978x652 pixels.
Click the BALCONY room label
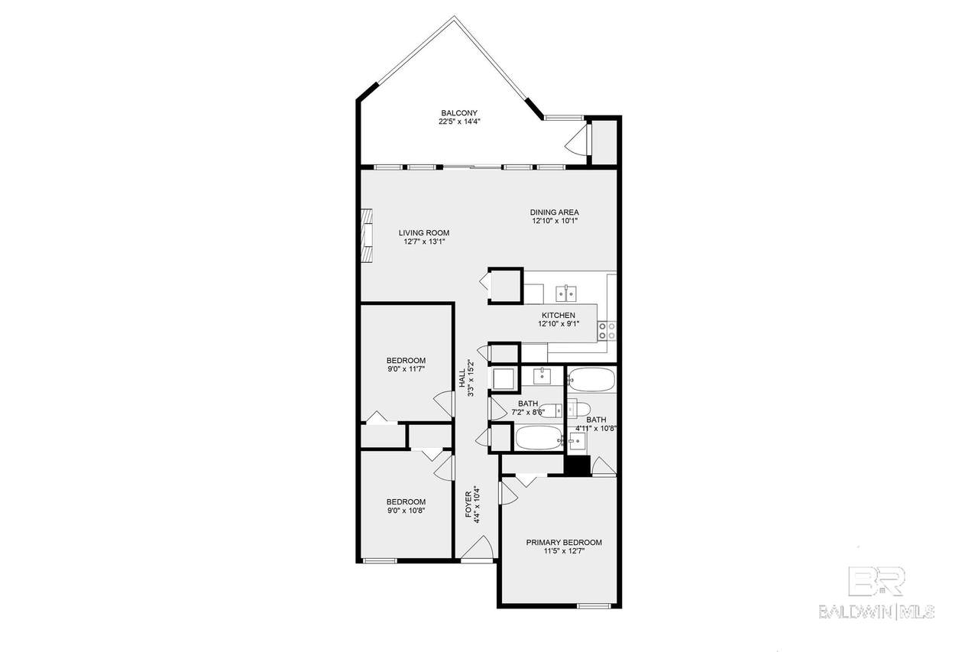click(459, 112)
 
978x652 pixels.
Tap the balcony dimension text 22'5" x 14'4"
click(459, 122)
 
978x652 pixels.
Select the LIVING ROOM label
click(423, 233)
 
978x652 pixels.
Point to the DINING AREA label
click(555, 212)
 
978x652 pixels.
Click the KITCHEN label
click(559, 316)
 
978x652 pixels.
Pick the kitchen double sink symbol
click(566, 294)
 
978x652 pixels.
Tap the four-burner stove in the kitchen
click(607, 330)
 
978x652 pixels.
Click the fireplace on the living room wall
click(366, 235)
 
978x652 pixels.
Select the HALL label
click(462, 378)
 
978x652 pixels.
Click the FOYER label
click(468, 504)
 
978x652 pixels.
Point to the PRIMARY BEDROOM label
click(564, 543)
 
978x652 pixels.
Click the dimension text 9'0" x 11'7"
click(406, 369)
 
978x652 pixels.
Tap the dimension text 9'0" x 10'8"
click(406, 511)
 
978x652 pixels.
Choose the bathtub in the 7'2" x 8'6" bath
click(539, 438)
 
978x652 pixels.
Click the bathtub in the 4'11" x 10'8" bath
click(592, 379)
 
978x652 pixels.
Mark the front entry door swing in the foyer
click(478, 547)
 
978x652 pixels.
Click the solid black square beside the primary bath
click(577, 465)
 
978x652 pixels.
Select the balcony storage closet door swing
click(576, 139)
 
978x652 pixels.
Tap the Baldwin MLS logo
click(876, 593)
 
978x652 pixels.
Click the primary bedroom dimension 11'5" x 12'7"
click(564, 551)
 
